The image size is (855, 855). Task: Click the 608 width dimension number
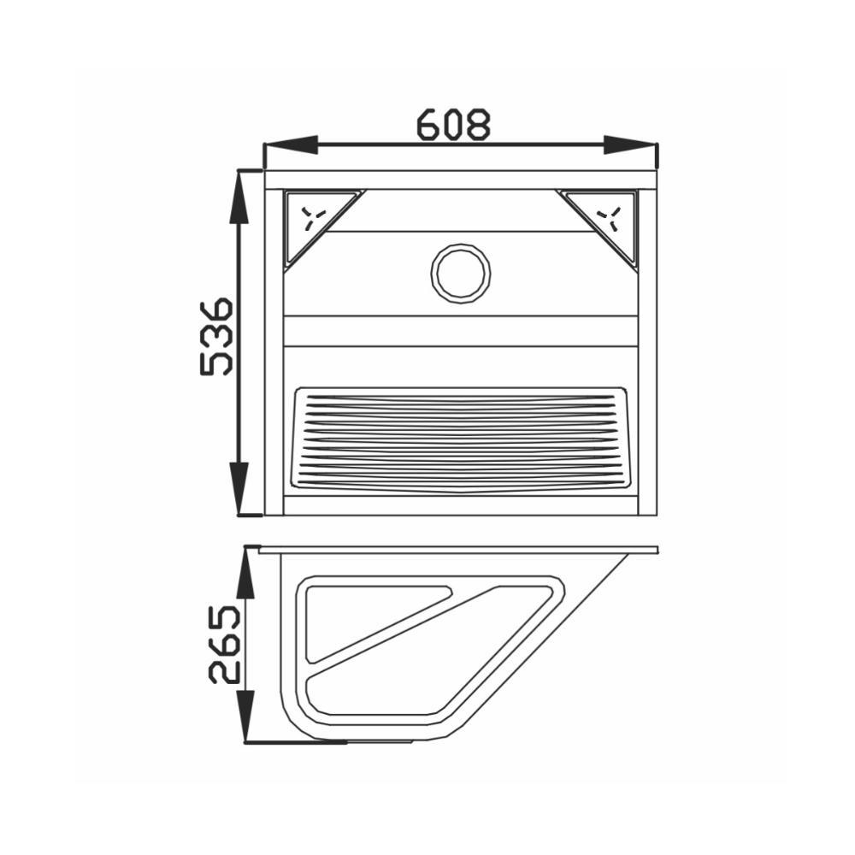(x=454, y=125)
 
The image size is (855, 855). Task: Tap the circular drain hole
(x=461, y=273)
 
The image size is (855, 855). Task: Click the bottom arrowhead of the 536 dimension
(x=240, y=488)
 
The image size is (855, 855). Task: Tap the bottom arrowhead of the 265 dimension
(x=246, y=715)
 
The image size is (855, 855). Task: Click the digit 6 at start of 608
(x=429, y=125)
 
